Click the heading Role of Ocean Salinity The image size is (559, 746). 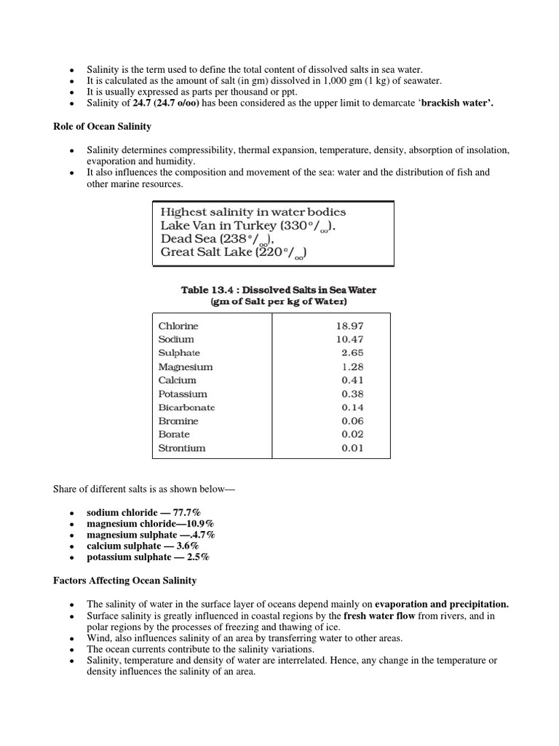(x=102, y=126)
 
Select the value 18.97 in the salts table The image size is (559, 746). (x=349, y=326)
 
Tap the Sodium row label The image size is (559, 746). (x=176, y=339)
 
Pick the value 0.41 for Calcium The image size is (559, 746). (x=352, y=380)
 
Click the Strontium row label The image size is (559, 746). (x=182, y=448)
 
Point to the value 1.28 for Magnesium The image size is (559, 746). (x=352, y=366)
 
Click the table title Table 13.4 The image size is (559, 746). (x=279, y=289)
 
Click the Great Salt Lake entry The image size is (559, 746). (x=234, y=253)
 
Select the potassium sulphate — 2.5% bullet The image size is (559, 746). (x=148, y=557)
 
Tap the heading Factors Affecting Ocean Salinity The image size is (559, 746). (x=124, y=581)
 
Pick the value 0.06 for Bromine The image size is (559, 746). (x=352, y=421)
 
